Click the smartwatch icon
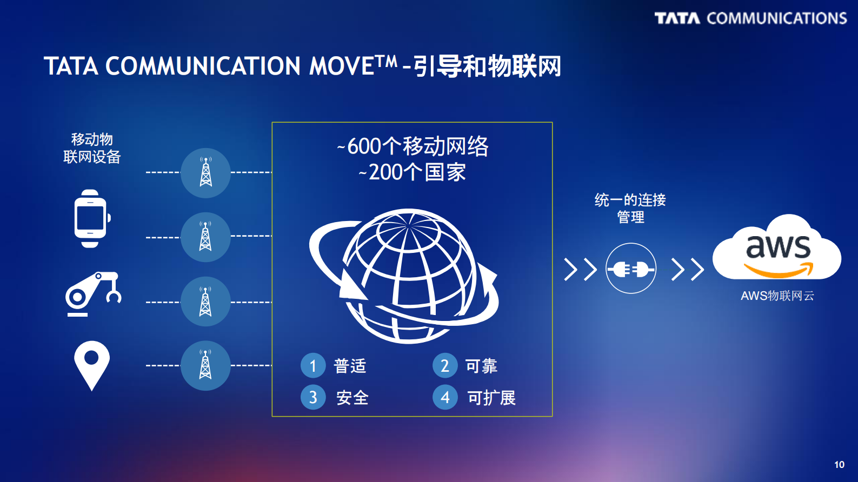pos(91,218)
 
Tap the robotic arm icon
pos(93,294)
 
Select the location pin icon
pos(92,364)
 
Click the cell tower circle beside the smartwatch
pos(205,237)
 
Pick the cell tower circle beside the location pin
pos(205,365)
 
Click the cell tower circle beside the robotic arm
pos(205,302)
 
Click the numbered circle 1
pos(313,366)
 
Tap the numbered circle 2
pos(445,366)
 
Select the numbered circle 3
pos(313,397)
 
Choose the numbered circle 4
pos(445,397)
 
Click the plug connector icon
pos(631,268)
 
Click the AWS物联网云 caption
pos(777,296)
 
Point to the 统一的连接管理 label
pos(630,208)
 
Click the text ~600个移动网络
pos(413,146)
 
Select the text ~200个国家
pos(412,172)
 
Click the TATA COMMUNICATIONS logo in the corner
pos(750,18)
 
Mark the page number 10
pos(839,465)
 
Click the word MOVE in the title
pos(342,66)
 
